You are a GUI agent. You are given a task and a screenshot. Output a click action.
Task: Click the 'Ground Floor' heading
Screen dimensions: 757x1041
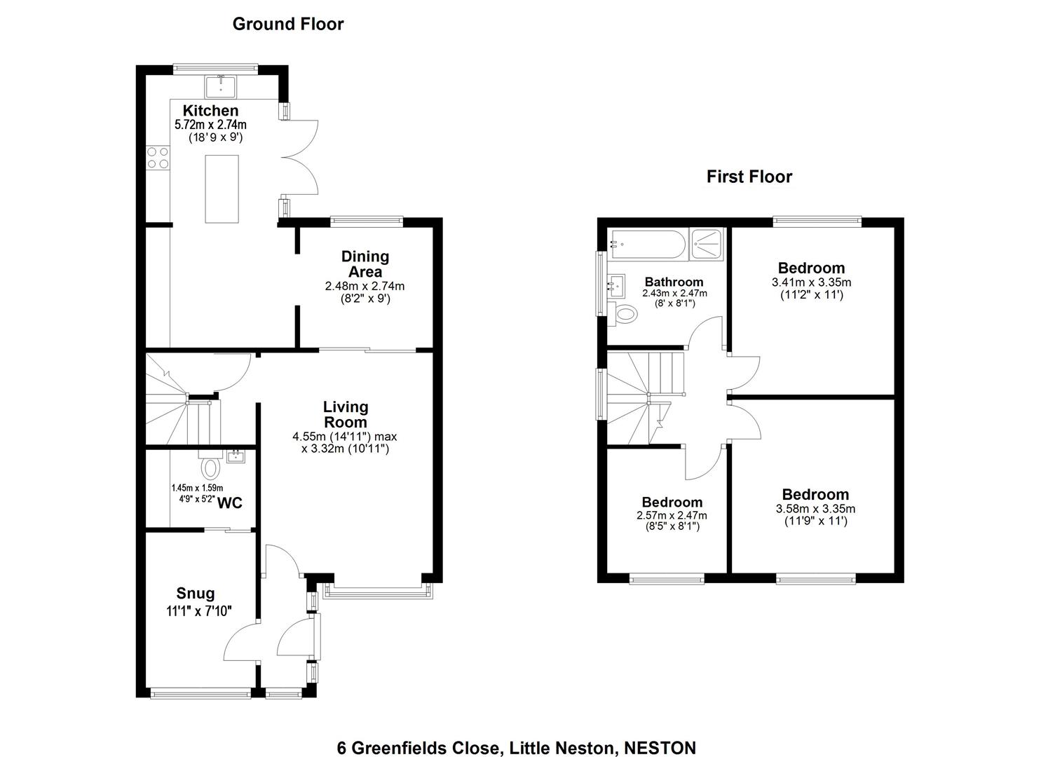click(288, 24)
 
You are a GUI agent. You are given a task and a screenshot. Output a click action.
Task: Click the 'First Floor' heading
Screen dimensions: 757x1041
click(749, 177)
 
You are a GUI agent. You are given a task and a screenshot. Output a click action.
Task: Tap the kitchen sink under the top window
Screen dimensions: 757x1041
click(221, 86)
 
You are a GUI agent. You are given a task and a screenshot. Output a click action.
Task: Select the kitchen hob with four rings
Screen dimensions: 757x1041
click(158, 158)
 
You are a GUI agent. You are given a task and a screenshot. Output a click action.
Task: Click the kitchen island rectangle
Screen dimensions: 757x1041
click(222, 189)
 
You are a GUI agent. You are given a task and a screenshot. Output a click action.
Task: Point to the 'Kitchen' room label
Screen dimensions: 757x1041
click(210, 111)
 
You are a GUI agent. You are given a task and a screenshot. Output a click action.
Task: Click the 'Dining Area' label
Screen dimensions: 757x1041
click(365, 264)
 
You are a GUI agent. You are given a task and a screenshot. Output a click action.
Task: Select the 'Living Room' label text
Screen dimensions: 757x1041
click(345, 414)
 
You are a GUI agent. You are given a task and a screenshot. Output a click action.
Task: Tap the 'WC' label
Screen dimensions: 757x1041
click(229, 503)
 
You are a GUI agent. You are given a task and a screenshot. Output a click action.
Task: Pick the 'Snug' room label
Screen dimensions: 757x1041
click(196, 594)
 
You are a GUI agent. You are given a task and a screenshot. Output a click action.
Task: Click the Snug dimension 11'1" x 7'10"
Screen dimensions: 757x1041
click(199, 611)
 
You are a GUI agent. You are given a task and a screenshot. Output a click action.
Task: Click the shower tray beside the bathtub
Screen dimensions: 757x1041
click(706, 245)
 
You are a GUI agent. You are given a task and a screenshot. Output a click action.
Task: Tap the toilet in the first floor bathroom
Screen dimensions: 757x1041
click(623, 315)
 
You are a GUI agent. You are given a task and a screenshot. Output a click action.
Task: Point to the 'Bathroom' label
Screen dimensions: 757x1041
click(674, 282)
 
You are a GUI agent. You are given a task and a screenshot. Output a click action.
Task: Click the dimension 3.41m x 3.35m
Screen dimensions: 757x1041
click(811, 282)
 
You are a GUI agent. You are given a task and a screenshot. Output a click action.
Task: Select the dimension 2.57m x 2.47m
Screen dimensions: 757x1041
click(672, 516)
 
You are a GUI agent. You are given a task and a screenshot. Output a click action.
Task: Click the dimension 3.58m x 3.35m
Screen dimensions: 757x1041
click(815, 509)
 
